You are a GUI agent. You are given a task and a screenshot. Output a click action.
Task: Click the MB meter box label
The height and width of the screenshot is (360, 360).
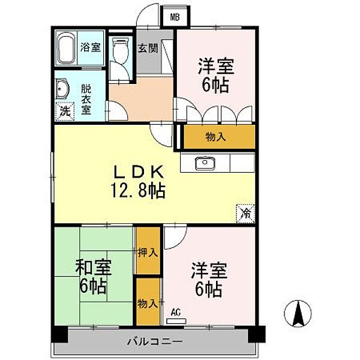coord(175,17)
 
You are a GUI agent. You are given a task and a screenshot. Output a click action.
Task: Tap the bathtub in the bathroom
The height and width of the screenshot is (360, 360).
coord(66,48)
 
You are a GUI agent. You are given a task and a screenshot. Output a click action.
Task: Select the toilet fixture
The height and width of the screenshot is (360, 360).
coord(120,50)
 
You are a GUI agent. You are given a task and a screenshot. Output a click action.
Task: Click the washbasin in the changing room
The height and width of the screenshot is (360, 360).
coord(62,89)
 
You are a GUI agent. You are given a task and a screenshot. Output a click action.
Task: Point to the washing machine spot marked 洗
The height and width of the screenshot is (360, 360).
coord(65,112)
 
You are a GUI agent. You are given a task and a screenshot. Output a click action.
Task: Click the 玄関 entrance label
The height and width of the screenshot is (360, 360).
coord(148,48)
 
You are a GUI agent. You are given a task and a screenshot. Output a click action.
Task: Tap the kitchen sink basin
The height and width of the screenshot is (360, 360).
coord(205,163)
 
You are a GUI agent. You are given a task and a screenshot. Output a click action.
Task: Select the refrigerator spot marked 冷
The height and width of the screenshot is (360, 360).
coord(245,213)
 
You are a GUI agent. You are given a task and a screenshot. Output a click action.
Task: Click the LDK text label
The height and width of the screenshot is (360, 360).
coord(139,172)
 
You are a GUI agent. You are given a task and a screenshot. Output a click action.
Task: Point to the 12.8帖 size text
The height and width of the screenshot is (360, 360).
coord(138,190)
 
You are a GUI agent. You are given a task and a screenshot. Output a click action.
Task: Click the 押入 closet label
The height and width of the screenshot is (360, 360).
coord(148,253)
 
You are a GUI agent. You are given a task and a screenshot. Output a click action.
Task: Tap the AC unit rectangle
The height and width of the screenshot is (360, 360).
coord(176,321)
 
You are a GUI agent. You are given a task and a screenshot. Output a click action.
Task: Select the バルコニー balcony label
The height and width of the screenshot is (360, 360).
coord(155,341)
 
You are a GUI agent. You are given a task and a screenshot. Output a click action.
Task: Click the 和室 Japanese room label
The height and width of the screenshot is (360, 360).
coord(94,267)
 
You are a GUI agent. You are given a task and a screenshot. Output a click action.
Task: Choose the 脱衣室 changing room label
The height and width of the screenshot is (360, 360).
coord(86,100)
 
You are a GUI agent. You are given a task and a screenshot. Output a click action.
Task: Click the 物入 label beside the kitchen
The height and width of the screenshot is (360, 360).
coord(215,137)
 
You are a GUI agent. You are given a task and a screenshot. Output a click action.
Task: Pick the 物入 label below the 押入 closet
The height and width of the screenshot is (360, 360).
coord(148,304)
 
